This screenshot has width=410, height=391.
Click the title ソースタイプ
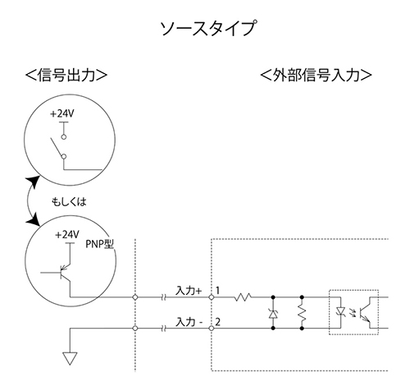(x=208, y=28)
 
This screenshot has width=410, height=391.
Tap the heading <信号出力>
(x=66, y=75)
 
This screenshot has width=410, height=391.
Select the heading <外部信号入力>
(x=316, y=75)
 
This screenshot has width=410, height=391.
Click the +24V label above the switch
(x=62, y=113)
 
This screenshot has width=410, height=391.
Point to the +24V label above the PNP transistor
(x=67, y=235)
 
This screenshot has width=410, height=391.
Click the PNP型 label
(x=100, y=244)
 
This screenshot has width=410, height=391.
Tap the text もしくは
(x=69, y=202)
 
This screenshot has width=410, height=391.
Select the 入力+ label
(x=189, y=291)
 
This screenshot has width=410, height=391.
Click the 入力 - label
(x=189, y=322)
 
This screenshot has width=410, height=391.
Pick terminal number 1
(x=217, y=290)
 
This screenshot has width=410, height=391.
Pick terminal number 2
(x=217, y=322)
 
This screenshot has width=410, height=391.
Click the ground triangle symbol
(x=70, y=358)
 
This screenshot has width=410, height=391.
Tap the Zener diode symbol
(x=273, y=313)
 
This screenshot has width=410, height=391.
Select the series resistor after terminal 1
(x=243, y=297)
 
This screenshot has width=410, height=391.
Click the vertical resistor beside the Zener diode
(x=302, y=313)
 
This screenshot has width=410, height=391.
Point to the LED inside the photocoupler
(x=340, y=311)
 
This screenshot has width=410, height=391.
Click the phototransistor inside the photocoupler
(x=366, y=312)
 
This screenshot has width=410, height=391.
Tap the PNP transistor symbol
(x=65, y=273)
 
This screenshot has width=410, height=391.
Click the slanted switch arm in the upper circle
(x=57, y=147)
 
